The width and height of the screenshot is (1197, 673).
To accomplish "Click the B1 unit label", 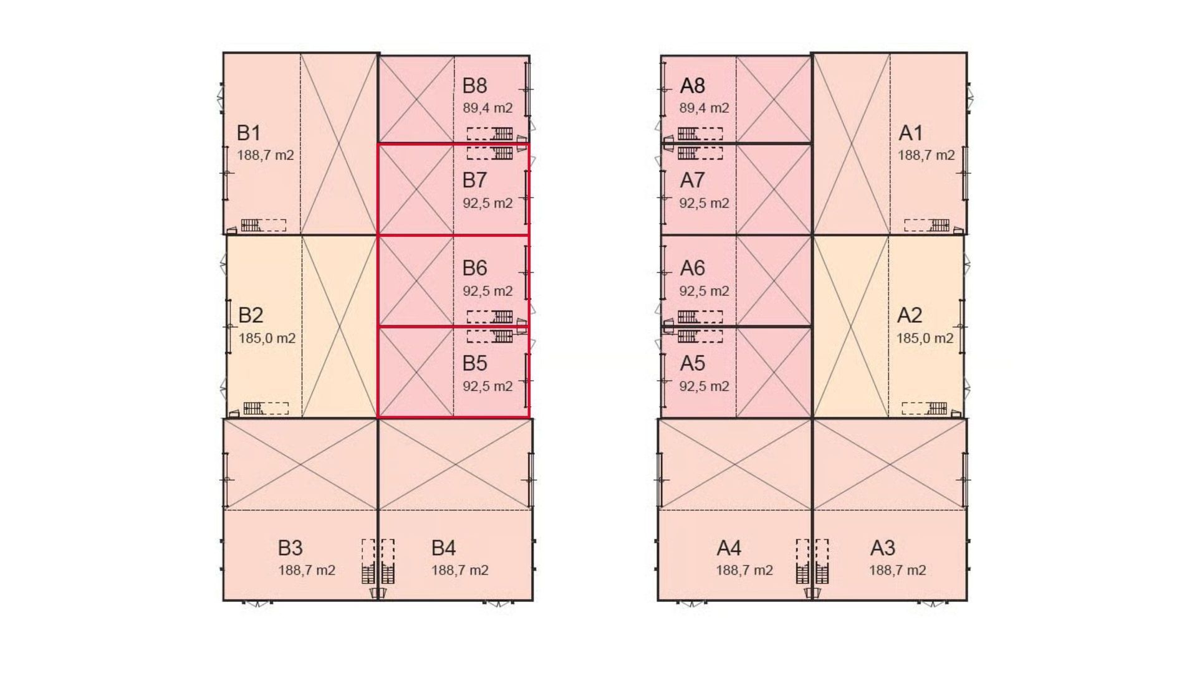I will tap(248, 133).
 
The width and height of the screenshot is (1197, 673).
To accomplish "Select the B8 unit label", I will tap(474, 85).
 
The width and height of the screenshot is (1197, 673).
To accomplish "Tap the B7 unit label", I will tap(474, 180).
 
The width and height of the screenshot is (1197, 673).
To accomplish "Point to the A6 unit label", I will tap(692, 268).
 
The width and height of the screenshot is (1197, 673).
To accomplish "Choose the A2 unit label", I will tap(909, 315).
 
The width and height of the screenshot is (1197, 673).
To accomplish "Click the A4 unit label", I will tap(729, 548).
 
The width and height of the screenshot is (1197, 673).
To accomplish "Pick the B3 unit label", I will tap(290, 548).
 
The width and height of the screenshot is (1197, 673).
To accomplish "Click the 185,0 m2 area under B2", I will tap(267, 338).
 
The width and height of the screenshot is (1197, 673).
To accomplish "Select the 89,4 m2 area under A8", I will tap(704, 108).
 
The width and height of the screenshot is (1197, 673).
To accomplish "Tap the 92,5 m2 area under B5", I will tap(488, 386).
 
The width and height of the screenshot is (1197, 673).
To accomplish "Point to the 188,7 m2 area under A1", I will tap(926, 155).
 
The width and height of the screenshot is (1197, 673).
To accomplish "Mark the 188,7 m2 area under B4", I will tap(459, 570).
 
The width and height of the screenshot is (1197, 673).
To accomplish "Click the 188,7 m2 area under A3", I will tap(897, 570).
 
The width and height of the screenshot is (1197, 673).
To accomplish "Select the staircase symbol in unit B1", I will tap(251, 225).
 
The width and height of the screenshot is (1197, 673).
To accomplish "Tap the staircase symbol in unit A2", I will tap(937, 408).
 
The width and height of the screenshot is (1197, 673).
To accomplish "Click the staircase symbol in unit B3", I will tap(368, 573).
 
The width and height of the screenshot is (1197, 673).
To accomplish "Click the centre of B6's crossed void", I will tap(416, 280).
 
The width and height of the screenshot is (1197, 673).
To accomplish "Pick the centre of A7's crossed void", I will tap(774, 189).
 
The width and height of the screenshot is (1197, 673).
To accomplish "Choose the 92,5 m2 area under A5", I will tap(704, 386).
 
